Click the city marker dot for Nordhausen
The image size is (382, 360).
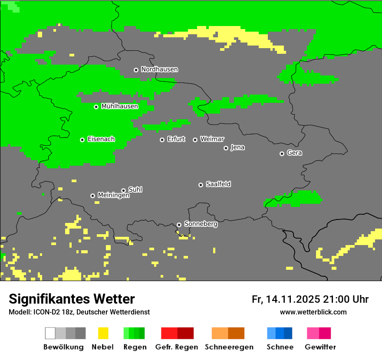(x=136, y=70)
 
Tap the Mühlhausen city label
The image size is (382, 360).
(x=119, y=106)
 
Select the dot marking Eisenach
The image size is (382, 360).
(x=82, y=140)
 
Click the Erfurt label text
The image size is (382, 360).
(x=176, y=139)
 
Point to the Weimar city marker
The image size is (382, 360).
(x=195, y=140)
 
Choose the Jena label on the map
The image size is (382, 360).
(x=237, y=147)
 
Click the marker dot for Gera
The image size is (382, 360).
(x=282, y=154)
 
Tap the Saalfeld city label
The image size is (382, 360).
(x=218, y=184)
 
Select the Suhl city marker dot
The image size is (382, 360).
(x=123, y=190)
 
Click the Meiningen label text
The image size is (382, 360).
(x=113, y=196)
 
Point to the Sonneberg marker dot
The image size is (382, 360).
(x=179, y=225)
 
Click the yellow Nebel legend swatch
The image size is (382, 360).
(x=103, y=333)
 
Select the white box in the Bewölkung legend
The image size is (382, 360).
(x=50, y=333)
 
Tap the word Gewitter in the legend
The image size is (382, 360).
(x=320, y=347)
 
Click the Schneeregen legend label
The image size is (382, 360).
(x=229, y=347)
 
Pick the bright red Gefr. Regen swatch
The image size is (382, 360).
(x=169, y=333)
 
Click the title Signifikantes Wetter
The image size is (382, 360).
(x=72, y=299)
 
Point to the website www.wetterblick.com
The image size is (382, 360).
(x=313, y=312)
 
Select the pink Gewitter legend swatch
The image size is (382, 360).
(x=313, y=333)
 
